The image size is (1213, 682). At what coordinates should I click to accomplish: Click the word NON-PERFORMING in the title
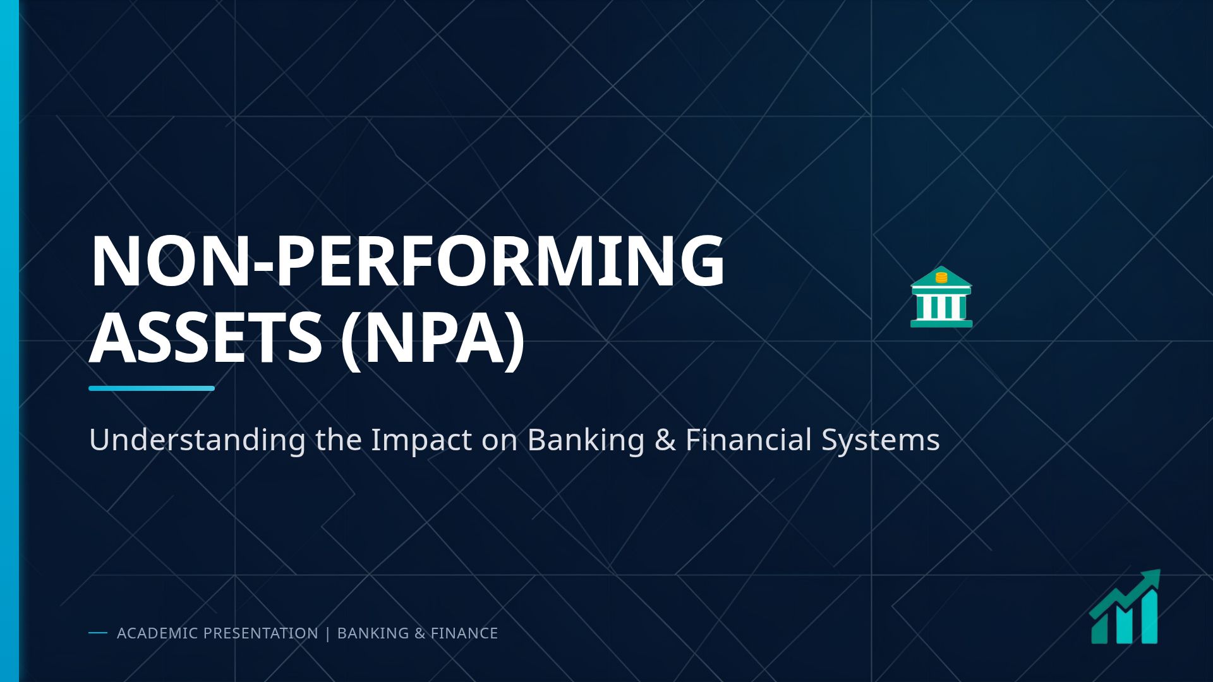point(407,261)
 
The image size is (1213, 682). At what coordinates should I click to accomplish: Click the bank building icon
point(941,298)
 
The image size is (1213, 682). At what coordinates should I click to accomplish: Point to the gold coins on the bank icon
point(941,277)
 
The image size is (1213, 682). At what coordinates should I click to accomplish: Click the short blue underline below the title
point(152,388)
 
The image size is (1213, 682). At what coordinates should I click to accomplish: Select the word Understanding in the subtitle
point(197,440)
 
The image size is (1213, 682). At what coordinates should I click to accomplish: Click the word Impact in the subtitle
point(421,440)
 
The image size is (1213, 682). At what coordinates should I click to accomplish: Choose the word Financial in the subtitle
point(749,440)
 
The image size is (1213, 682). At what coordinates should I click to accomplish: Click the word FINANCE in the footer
point(464,633)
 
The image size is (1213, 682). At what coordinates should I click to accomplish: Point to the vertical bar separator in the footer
point(327,633)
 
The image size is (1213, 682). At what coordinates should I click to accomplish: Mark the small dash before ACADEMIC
point(98,633)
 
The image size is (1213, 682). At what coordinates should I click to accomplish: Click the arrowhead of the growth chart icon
point(1152,577)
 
